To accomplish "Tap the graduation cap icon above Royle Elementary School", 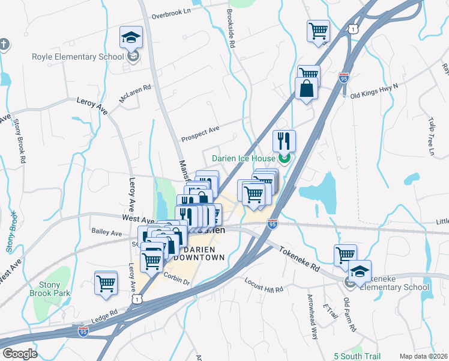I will (131, 38).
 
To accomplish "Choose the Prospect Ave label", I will (200, 132).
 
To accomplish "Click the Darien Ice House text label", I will (243, 159).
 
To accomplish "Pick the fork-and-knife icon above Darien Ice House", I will (285, 141).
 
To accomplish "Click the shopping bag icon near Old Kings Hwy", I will (306, 88).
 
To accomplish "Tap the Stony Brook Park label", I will (50, 289).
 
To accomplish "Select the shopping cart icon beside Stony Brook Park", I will (106, 282).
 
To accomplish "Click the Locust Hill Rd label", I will (264, 285).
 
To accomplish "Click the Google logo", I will (20, 354).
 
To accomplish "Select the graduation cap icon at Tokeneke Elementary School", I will (360, 271).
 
